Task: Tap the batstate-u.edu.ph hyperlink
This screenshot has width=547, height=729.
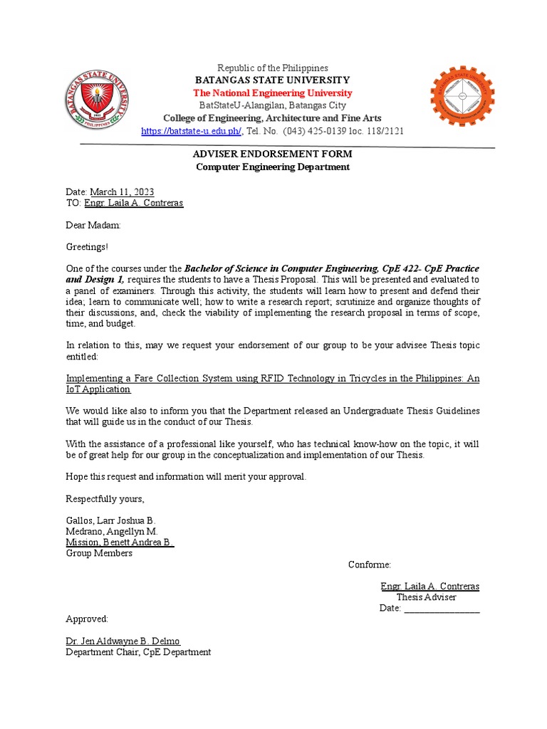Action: (192, 131)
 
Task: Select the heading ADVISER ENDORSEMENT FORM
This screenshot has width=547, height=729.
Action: (273, 154)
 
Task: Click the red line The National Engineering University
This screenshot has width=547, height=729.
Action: (273, 93)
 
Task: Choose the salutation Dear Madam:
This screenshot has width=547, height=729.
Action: (93, 225)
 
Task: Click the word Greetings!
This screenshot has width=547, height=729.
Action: (88, 247)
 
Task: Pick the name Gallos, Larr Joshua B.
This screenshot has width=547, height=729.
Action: (110, 520)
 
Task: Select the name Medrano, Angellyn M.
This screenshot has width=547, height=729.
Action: (112, 531)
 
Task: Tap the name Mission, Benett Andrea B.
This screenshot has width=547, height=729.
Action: (120, 542)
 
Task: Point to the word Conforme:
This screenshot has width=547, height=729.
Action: (369, 565)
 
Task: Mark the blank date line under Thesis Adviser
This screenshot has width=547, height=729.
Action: (442, 609)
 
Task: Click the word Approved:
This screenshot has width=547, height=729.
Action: (87, 619)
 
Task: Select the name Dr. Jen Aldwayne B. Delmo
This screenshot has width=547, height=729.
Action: (123, 641)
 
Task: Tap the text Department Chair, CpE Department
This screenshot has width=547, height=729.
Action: (138, 652)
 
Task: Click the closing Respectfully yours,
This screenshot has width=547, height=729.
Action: (105, 498)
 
